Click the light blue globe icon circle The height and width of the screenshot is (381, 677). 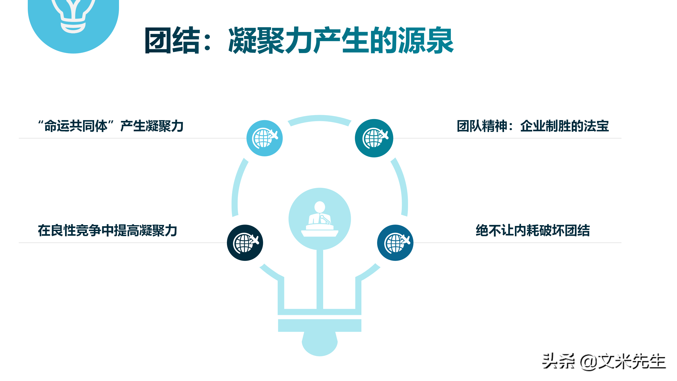coord(264,138)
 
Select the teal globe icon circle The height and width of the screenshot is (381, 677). coord(374,138)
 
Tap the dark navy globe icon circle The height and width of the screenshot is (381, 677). coord(245,243)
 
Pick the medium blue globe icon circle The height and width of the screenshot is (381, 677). coord(395,243)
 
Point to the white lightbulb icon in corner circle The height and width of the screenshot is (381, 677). coord(73,16)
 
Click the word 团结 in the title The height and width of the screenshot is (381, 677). coord(172,40)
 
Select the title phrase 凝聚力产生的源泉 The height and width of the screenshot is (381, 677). coord(341,40)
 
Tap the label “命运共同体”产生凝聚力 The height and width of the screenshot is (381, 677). coord(111,126)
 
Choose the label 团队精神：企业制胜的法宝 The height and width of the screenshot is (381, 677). coord(533,126)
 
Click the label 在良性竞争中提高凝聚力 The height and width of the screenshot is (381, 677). coord(107,230)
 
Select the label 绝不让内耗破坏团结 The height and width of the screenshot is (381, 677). coord(533,230)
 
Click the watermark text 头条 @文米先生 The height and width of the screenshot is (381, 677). coord(604,361)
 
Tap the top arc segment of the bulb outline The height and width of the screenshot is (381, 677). coord(320,118)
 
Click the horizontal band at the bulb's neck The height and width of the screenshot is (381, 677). coord(320,325)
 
